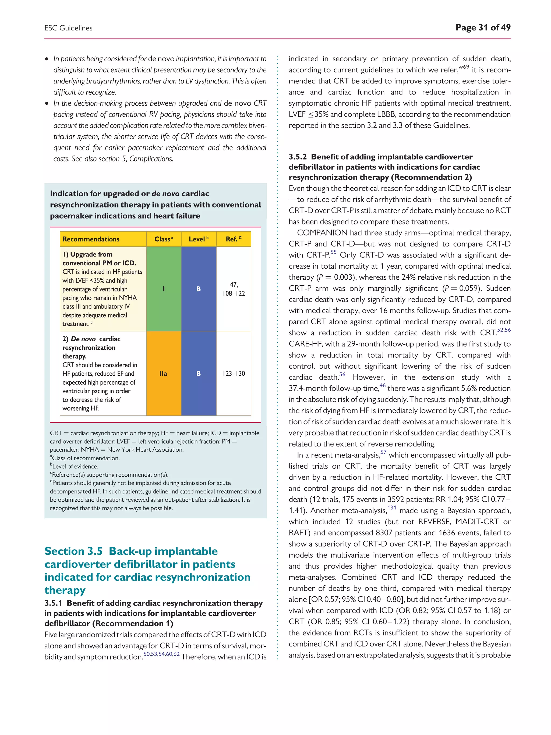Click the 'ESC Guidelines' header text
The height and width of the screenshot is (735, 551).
pos(68,28)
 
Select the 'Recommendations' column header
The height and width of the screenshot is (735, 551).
pos(91,239)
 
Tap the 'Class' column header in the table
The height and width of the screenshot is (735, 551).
pos(163,239)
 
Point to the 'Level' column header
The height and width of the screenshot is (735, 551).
pos(198,239)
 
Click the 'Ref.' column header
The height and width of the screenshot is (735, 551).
pos(234,239)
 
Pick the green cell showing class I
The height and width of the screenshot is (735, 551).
pos(164,289)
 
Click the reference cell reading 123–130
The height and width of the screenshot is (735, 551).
pos(234,374)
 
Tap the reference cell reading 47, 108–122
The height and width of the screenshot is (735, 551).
pos(234,289)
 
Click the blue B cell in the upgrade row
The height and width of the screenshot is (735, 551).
pos(199,289)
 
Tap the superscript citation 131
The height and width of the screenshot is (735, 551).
pos(392,508)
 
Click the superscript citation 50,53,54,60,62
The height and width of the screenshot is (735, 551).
pos(161,654)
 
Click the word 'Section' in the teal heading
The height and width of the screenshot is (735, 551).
pos(63,551)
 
